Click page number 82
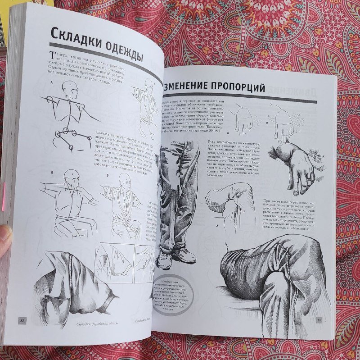22,320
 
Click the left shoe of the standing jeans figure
166,259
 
